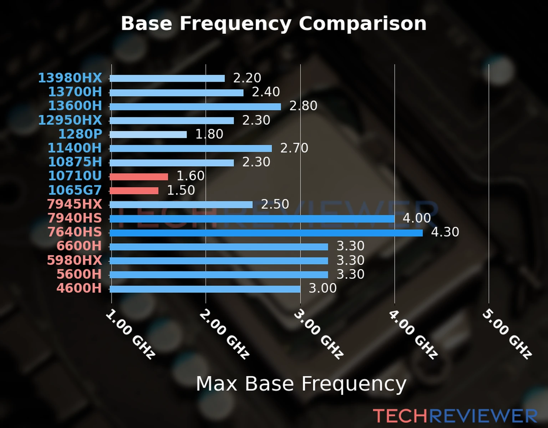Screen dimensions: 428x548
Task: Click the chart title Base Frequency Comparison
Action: pyautogui.click(x=274, y=24)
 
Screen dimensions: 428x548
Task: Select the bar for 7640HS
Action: pyautogui.click(x=266, y=233)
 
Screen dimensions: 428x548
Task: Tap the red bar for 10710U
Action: pyautogui.click(x=139, y=177)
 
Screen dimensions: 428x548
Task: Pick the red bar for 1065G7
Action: pyautogui.click(x=134, y=191)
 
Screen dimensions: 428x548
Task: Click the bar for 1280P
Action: pyautogui.click(x=148, y=134)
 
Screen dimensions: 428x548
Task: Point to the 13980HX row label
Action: pyautogui.click(x=70, y=78)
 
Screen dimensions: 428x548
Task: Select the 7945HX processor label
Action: pyautogui.click(x=75, y=204)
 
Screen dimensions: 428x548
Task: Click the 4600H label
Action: pyautogui.click(x=79, y=288)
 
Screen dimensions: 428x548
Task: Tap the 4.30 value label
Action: pyautogui.click(x=445, y=232)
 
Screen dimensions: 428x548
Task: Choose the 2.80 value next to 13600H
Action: pyautogui.click(x=303, y=106)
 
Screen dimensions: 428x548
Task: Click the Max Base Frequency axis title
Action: pyautogui.click(x=301, y=384)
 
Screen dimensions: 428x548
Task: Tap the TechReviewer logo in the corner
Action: pyautogui.click(x=455, y=416)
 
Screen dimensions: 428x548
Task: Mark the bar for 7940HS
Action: pyautogui.click(x=252, y=219)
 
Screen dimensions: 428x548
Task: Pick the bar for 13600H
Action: pyautogui.click(x=195, y=106)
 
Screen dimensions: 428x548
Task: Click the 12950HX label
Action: pyautogui.click(x=70, y=120)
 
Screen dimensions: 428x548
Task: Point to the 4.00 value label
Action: pyautogui.click(x=417, y=218)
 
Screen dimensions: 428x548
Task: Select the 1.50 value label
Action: pyautogui.click(x=181, y=190)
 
